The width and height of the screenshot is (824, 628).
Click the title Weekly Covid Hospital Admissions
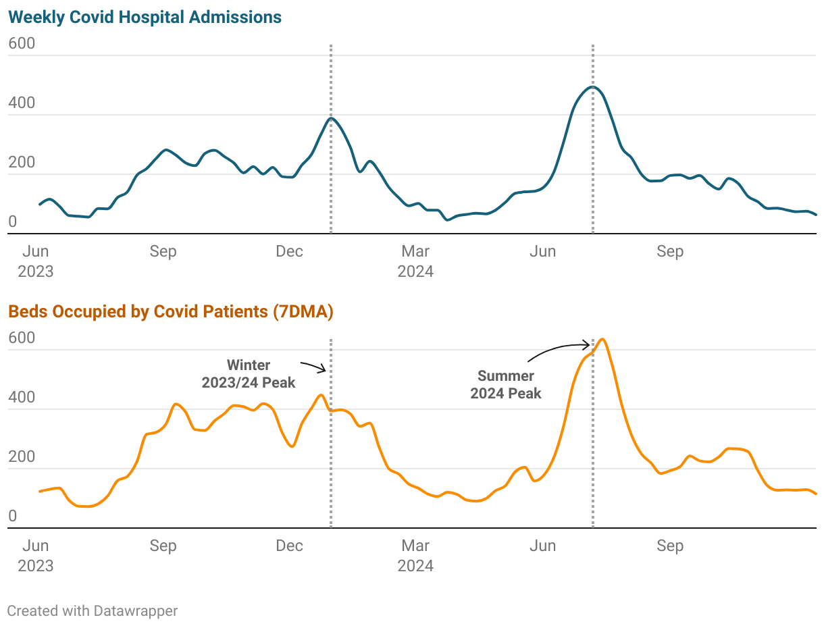[145, 18]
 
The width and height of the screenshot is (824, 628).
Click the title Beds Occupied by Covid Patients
[138, 311]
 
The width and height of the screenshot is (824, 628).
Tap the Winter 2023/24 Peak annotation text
[249, 374]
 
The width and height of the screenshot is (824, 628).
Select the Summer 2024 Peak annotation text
[506, 384]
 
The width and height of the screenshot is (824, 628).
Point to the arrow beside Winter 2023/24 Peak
[314, 367]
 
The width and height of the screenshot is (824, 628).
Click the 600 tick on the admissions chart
[22, 44]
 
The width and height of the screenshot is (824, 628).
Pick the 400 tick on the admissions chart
[22, 103]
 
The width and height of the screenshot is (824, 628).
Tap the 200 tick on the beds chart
[22, 457]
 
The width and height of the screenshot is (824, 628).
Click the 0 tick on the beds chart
[12, 517]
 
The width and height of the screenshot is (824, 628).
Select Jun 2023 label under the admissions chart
[36, 261]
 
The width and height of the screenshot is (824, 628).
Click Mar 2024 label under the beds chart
[415, 555]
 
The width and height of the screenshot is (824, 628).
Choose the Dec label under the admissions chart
[290, 252]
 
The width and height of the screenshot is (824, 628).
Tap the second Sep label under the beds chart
[670, 546]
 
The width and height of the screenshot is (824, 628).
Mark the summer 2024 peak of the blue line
[593, 86]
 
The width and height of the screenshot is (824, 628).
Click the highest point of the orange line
[602, 339]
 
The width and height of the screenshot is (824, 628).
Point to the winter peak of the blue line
[331, 118]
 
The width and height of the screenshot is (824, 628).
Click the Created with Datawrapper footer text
[93, 611]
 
